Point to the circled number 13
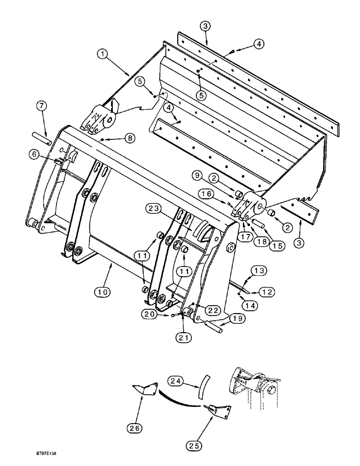(259, 271)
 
